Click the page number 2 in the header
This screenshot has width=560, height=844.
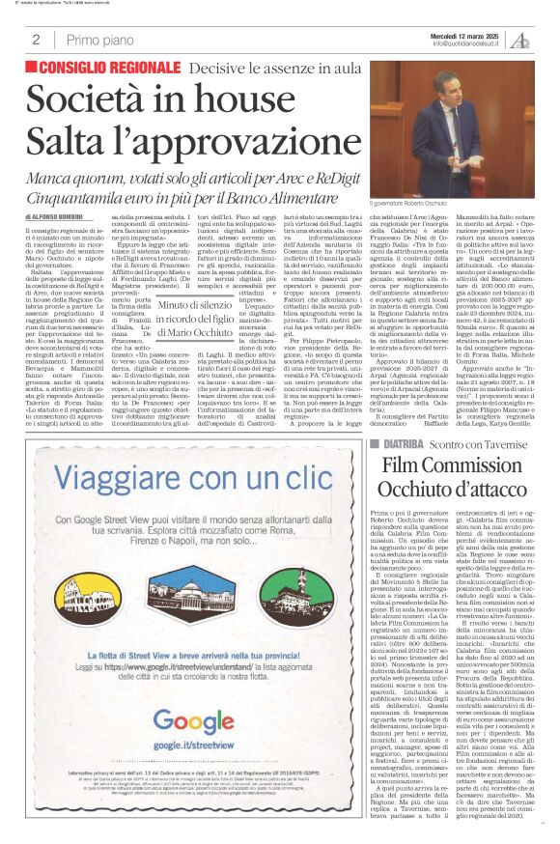tap(36, 40)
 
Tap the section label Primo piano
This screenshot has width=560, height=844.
tap(100, 40)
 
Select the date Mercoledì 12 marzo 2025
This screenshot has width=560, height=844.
tap(464, 35)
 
